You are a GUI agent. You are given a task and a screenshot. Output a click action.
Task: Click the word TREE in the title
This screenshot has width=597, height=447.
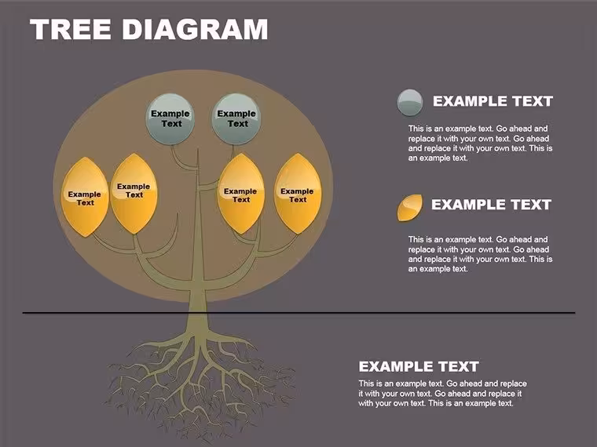71,29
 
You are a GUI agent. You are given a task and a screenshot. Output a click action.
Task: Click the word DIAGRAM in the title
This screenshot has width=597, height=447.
195,29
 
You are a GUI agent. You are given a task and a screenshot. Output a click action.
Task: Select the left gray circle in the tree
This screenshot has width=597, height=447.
170,118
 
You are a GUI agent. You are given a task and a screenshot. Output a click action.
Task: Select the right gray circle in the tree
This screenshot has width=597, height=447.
236,118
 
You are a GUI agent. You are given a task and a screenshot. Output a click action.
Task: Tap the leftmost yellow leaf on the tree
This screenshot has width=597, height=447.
85,197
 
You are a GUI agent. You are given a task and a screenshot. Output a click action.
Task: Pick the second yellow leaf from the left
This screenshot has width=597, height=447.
134,193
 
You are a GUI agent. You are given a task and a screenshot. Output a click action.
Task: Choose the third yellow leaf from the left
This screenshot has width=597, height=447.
241,193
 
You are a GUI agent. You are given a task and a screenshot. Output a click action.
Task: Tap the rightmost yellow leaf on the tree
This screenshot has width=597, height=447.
298,193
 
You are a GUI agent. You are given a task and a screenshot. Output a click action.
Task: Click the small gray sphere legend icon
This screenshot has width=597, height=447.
410,102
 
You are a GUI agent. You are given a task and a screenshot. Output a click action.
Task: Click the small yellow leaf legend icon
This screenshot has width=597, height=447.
410,208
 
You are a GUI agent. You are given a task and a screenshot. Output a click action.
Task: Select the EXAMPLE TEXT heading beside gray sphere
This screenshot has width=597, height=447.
493,101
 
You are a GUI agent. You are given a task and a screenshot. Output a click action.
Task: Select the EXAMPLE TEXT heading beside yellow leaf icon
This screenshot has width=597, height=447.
491,205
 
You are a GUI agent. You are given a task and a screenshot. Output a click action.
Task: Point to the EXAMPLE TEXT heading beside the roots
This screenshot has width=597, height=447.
419,366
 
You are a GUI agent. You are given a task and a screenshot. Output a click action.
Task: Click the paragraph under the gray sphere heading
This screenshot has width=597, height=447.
480,144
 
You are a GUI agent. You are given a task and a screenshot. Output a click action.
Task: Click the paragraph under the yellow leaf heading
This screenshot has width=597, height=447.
480,254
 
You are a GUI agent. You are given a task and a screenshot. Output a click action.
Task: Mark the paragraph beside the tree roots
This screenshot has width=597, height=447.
442,394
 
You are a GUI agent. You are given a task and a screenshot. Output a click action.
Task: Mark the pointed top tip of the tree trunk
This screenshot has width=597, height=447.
198,149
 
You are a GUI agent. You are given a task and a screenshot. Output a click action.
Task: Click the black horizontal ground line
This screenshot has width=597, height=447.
298,313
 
